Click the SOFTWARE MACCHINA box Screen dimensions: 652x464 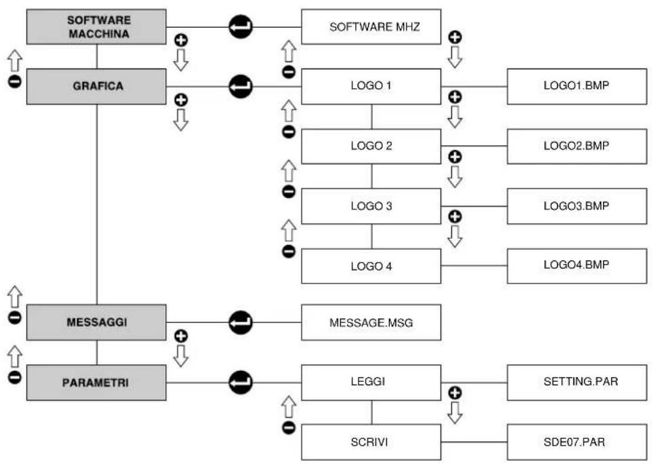click(96, 27)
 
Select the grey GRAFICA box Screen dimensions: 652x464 click(96, 87)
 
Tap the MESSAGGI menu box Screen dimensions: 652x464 click(96, 322)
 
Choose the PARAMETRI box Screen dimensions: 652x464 click(96, 383)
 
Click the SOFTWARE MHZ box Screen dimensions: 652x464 click(371, 27)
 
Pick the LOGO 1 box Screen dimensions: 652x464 click(371, 87)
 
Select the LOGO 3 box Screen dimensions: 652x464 click(371, 206)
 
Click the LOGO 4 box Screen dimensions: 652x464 click(371, 267)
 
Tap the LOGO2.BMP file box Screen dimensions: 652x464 click(577, 147)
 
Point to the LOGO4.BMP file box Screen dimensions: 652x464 click(577, 267)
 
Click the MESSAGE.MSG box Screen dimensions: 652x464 click(371, 322)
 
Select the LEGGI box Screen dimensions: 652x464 click(371, 383)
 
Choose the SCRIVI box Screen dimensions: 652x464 click(371, 442)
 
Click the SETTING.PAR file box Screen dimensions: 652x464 click(577, 383)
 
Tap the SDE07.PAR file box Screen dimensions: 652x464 click(577, 442)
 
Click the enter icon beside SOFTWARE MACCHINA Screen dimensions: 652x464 click(241, 27)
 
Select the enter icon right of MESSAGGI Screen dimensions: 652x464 click(241, 322)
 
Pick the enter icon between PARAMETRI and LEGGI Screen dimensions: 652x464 click(241, 383)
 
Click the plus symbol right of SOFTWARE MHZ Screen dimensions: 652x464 click(455, 37)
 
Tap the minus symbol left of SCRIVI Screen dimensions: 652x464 click(289, 428)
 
